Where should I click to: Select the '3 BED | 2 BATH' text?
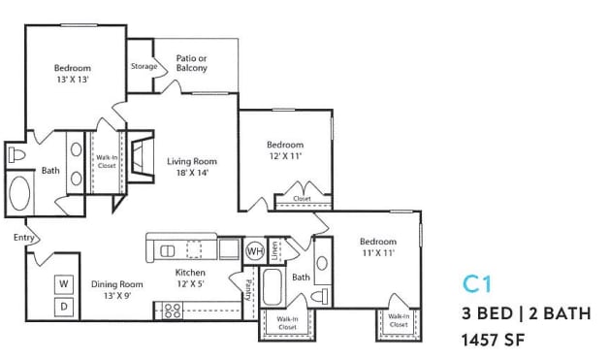525,313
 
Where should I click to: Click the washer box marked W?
64,282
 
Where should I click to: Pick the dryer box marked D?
64,307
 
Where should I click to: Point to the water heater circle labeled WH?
254,249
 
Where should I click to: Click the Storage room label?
144,66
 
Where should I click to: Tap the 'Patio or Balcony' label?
192,63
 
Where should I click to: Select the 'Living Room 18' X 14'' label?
191,167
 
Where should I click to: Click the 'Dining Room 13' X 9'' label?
117,290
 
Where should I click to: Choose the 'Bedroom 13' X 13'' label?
72,74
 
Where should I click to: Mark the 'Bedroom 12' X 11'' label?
285,150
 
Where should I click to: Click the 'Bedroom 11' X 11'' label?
377,247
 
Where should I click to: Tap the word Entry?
24,237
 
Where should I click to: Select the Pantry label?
248,290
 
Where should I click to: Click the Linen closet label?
275,249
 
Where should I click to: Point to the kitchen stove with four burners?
172,311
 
